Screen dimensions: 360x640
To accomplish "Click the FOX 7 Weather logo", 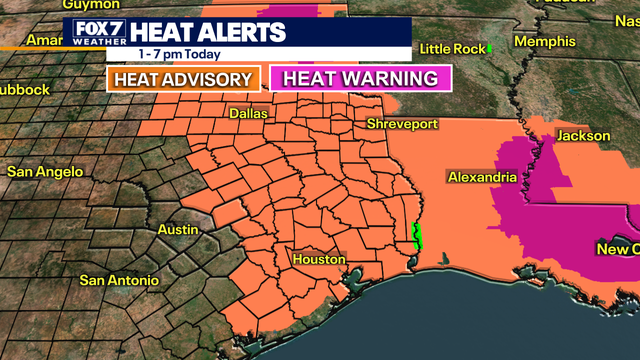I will [97, 32].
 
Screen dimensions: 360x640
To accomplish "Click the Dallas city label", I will [248, 114].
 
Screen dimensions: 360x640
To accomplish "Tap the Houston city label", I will [318, 259].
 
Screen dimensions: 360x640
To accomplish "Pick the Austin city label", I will [178, 229].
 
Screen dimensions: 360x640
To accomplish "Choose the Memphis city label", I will [546, 41].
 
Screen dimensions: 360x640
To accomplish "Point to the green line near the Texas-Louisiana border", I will [419, 236].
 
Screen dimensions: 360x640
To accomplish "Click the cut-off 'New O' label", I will [618, 248].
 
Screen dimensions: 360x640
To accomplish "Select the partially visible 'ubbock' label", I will [24, 89].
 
